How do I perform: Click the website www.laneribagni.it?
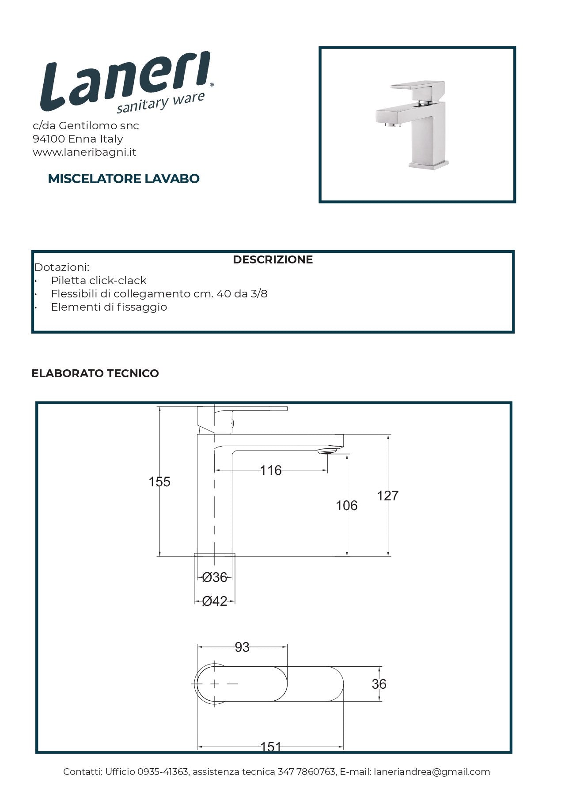pyautogui.click(x=84, y=152)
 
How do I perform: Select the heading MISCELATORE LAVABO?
pyautogui.click(x=124, y=179)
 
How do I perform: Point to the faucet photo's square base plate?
pyautogui.click(x=428, y=165)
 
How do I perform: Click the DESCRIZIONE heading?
pyautogui.click(x=273, y=259)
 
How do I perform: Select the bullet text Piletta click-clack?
pyautogui.click(x=99, y=281)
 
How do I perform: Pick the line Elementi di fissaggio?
pyautogui.click(x=109, y=307)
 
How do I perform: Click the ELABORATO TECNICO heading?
pyautogui.click(x=95, y=373)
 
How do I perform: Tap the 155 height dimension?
pyautogui.click(x=159, y=482)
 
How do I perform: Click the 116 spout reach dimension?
pyautogui.click(x=271, y=470)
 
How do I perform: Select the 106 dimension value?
pyautogui.click(x=346, y=506)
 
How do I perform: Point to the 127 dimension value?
pyautogui.click(x=387, y=496)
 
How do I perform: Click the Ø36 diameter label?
pyautogui.click(x=214, y=577)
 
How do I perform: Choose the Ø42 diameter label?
pyautogui.click(x=215, y=601)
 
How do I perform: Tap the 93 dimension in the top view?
pyautogui.click(x=242, y=647)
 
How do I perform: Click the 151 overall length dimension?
pyautogui.click(x=270, y=747)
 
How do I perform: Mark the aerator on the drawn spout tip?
pyautogui.click(x=327, y=451)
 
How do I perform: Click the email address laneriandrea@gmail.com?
pyautogui.click(x=432, y=772)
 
